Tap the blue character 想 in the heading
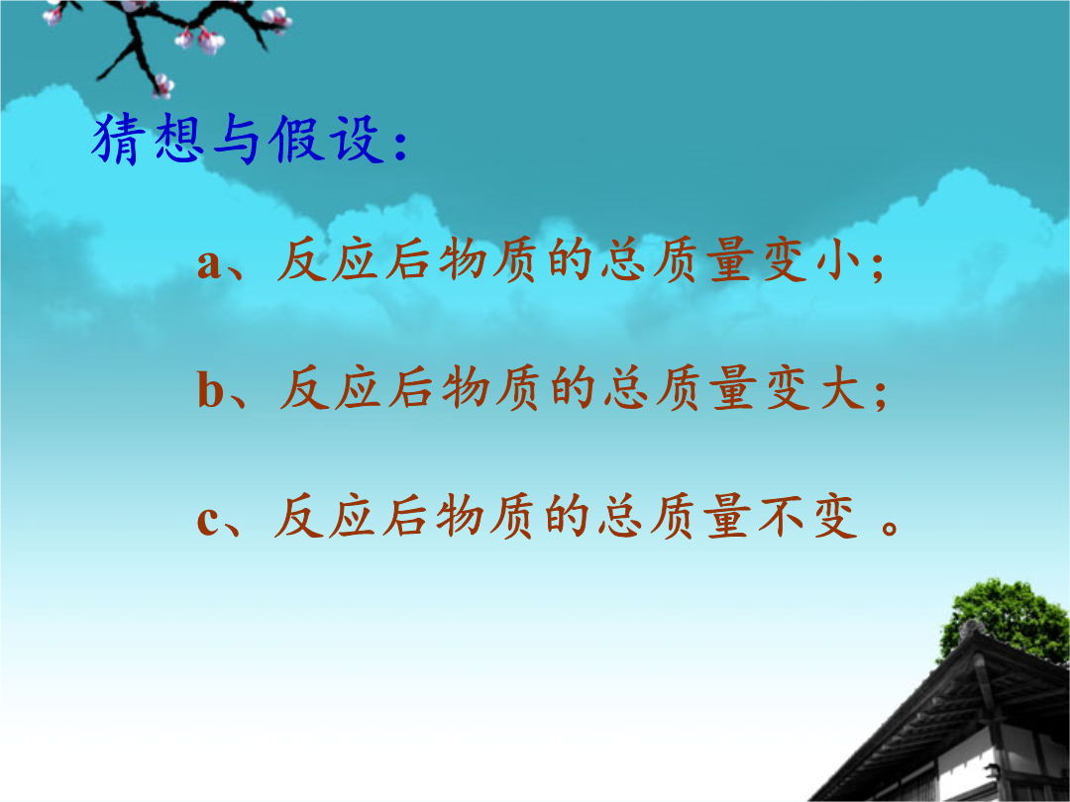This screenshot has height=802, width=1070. click(x=178, y=139)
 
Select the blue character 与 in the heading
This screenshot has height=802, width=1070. click(x=237, y=140)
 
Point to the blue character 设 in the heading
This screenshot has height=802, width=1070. click(x=357, y=140)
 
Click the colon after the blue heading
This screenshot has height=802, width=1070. click(x=400, y=144)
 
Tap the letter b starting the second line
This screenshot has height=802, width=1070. click(x=211, y=389)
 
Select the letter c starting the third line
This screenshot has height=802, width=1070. click(x=208, y=521)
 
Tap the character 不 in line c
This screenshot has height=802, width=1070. click(x=782, y=516)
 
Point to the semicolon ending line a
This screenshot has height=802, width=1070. click(x=878, y=266)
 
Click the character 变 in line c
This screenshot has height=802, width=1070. click(x=834, y=516)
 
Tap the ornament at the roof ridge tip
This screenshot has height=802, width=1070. click(x=971, y=628)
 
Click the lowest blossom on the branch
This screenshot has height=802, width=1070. click(x=163, y=86)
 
